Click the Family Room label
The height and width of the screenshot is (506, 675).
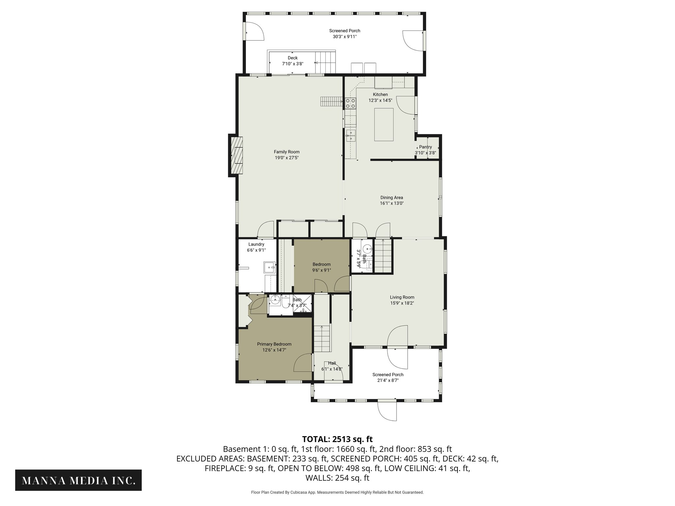(x=286, y=152)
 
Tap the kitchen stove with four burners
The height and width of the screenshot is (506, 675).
(x=350, y=103)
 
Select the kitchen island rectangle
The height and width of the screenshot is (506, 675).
(x=384, y=125)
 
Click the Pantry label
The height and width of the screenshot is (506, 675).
(x=425, y=147)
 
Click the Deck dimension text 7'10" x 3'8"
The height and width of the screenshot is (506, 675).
(x=292, y=64)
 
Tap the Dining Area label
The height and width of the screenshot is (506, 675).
(x=392, y=198)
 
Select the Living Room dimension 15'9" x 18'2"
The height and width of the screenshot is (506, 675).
(x=402, y=303)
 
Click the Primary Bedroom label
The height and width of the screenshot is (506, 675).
(x=274, y=344)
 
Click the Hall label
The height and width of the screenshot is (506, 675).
(x=332, y=363)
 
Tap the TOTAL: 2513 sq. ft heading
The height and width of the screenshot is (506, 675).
(x=337, y=439)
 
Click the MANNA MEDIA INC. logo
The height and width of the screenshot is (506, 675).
(x=78, y=480)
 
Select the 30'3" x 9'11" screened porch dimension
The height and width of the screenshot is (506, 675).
(x=344, y=37)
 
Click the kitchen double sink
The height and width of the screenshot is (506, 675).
(x=351, y=135)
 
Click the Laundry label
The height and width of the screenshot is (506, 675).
(x=256, y=244)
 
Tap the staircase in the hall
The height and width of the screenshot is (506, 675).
(x=322, y=338)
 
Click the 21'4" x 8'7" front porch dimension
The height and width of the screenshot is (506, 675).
(x=388, y=380)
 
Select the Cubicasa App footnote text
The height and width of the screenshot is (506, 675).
(x=337, y=492)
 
